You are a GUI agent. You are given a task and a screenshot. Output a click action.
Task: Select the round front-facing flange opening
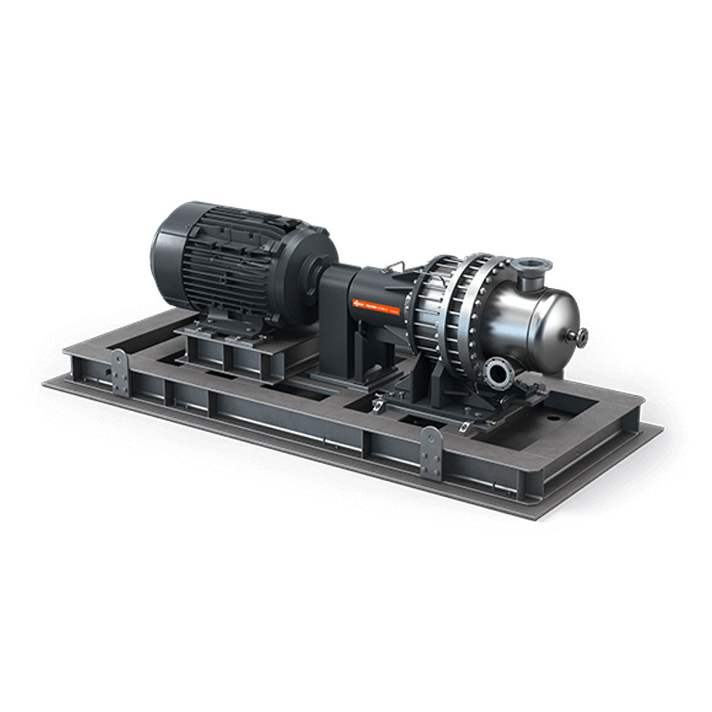tap(497, 373)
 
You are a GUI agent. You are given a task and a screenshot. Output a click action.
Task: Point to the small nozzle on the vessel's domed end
tap(578, 336)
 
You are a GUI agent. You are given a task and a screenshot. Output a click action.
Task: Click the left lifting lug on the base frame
tap(120, 371)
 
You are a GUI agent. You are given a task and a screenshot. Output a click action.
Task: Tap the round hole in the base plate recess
tap(553, 417)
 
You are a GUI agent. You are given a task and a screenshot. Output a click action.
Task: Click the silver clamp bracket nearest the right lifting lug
tap(469, 425)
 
